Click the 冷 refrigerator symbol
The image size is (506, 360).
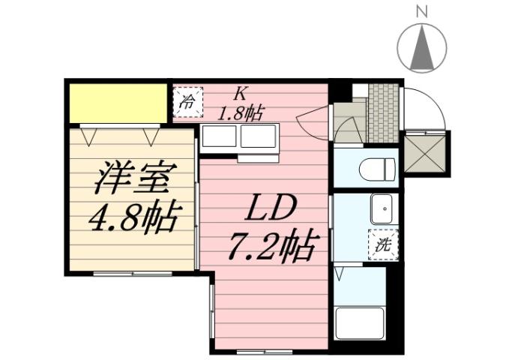pos(188,100)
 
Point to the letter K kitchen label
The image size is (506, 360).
pos(240,94)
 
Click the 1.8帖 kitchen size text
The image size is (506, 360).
pos(240,113)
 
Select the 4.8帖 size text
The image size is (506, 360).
pos(133,218)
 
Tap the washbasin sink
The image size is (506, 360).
pos(382,208)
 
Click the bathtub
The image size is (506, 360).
pos(359,322)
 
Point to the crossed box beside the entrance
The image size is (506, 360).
pos(426,153)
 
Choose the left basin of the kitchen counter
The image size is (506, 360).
pos(218,137)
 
